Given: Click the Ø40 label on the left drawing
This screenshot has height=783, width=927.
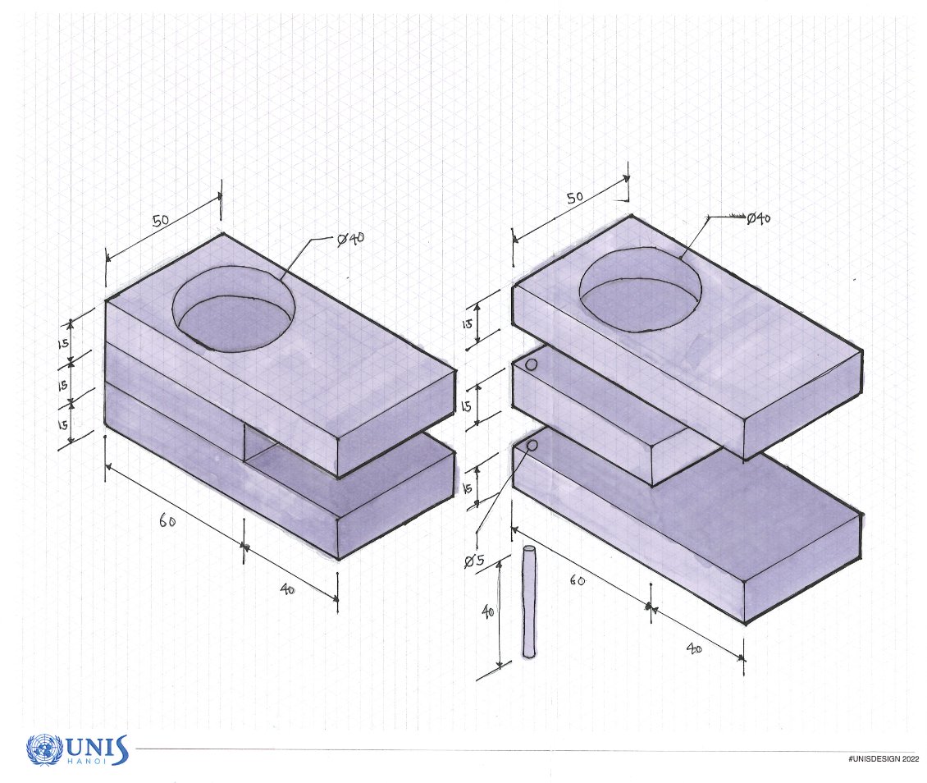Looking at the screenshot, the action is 351,239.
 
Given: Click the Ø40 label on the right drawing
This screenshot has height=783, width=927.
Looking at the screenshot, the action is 759,218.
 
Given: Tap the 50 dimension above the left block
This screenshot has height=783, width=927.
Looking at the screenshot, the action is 161,221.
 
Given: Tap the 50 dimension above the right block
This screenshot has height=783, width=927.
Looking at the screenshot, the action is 574,198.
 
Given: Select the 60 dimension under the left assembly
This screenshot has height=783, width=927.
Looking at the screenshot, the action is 167,521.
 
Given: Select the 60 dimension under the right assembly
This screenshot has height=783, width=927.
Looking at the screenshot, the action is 578,581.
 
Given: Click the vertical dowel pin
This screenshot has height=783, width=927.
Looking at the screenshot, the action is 529,602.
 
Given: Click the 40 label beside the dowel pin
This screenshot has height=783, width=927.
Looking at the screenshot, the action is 488,611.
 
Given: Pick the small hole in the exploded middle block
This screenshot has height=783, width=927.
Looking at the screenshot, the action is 531,365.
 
